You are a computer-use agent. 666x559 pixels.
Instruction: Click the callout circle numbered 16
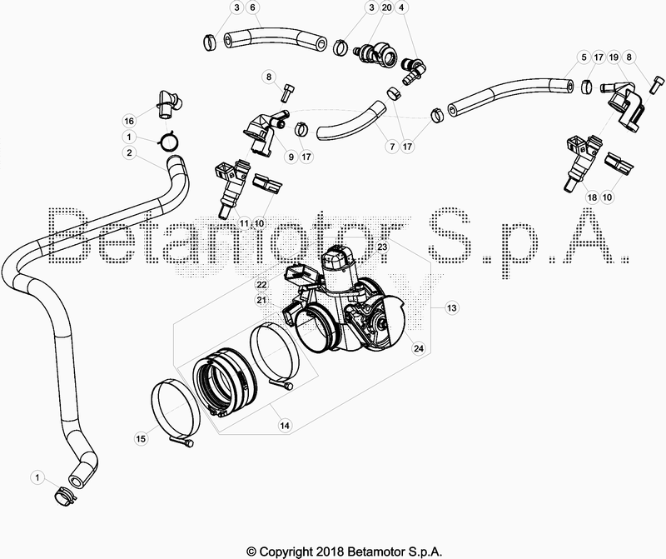point(129,121)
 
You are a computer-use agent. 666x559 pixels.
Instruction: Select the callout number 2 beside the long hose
point(129,152)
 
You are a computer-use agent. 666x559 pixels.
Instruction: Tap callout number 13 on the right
point(452,307)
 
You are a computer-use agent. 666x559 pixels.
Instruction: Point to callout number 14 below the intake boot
point(285,425)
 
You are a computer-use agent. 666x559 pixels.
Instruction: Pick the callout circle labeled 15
point(141,438)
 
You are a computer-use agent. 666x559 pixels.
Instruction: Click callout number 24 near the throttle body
point(419,348)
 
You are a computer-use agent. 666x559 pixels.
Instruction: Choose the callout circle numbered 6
point(252,7)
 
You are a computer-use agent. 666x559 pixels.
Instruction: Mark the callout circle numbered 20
point(386,7)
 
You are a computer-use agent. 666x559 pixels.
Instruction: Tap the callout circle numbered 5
point(584,57)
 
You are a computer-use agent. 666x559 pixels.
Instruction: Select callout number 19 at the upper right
point(614,57)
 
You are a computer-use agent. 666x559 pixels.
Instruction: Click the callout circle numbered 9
point(291,157)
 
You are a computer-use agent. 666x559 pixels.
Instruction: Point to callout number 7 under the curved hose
point(391,147)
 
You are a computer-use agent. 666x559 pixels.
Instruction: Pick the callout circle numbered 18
point(592,197)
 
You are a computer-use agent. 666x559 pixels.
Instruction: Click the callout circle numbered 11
point(244,222)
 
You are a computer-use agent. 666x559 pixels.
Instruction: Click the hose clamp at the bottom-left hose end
point(64,496)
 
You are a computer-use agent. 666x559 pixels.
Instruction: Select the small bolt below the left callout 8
point(286,92)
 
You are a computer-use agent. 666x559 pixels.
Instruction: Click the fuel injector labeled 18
point(581,162)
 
